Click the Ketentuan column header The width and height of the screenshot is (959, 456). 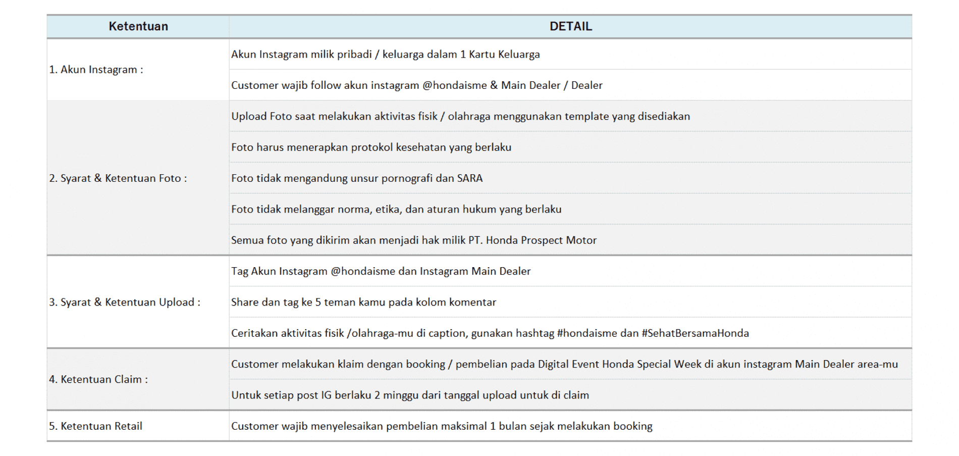tap(138, 26)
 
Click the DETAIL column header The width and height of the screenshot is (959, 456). tap(570, 26)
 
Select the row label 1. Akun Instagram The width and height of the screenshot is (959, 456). tap(96, 70)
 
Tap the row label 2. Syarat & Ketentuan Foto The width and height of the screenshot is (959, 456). tap(118, 178)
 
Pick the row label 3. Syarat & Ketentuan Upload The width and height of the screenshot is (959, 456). tap(125, 302)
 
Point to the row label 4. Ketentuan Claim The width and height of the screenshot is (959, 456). tap(98, 379)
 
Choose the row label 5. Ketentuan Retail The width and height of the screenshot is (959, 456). tap(95, 426)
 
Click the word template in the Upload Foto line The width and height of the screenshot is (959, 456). tap(587, 117)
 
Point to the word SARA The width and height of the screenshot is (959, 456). tap(469, 178)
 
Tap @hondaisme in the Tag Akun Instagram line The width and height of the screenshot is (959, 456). tap(363, 271)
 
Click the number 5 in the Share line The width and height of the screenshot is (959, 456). tap(318, 302)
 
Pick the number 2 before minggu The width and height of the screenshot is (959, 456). tap(377, 395)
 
